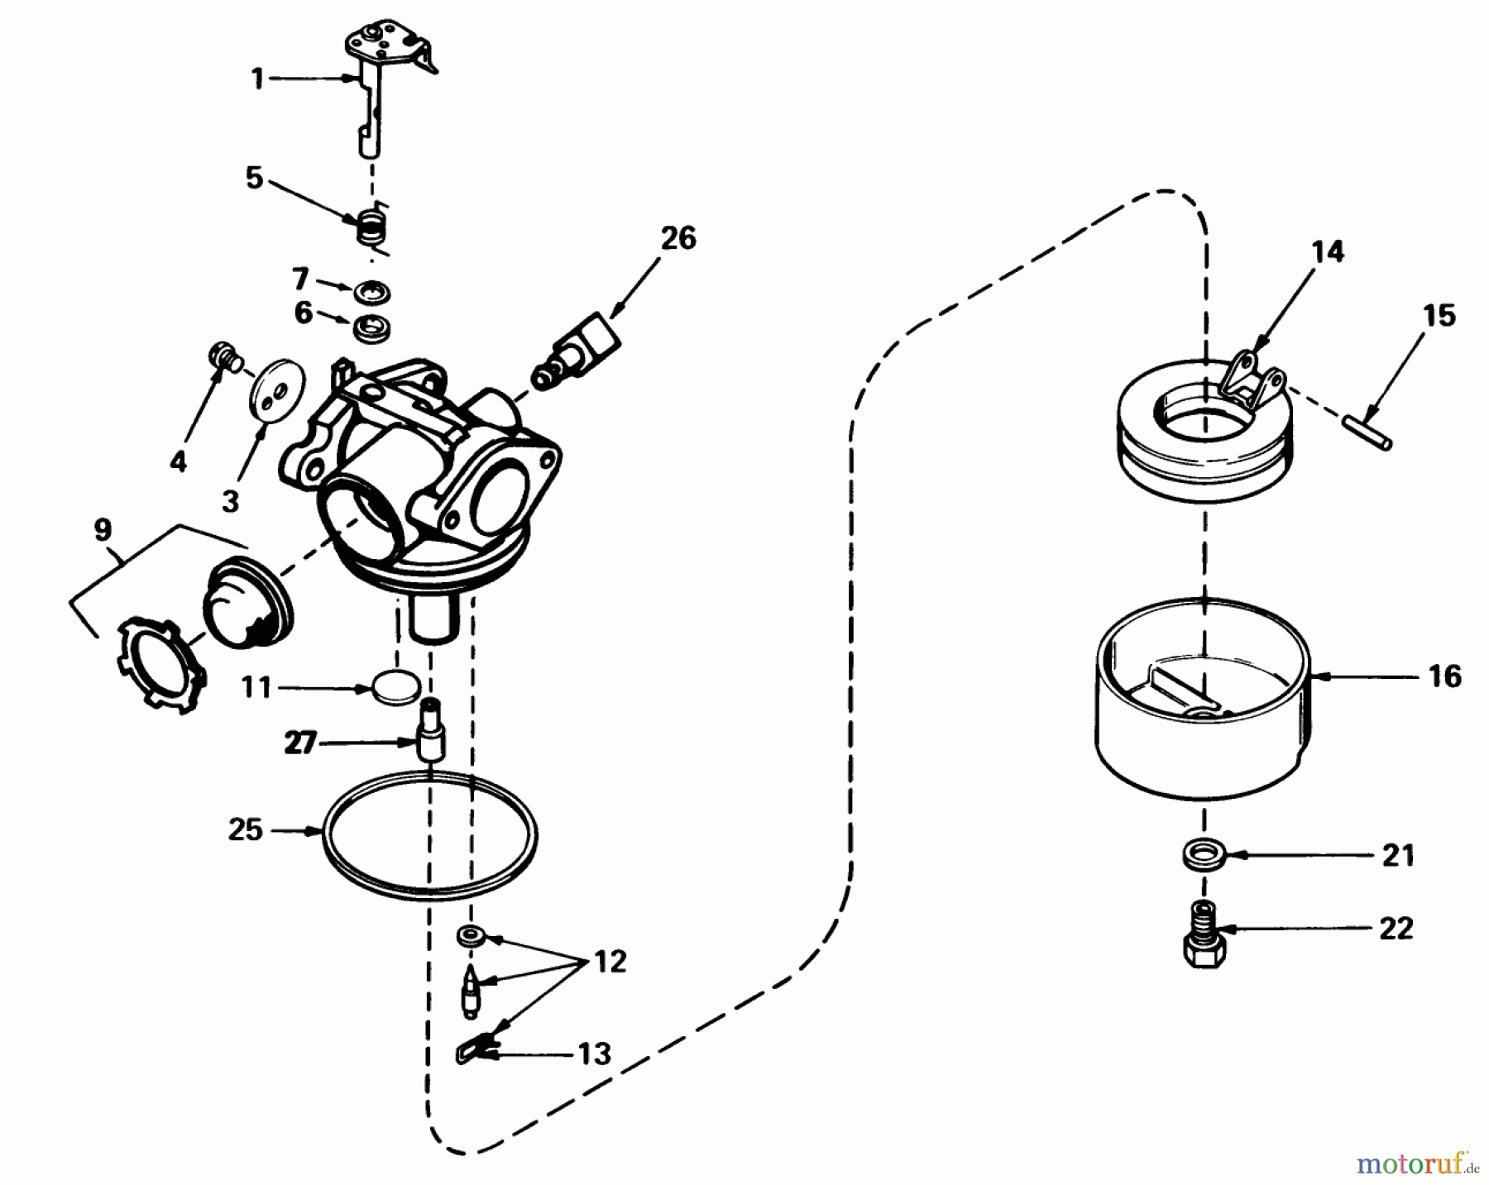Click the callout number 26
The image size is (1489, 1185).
[678, 238]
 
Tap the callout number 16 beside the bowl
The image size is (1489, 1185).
[1444, 676]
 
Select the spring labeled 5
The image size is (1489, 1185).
[372, 226]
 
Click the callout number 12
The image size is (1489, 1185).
[610, 961]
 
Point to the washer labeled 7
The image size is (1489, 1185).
[370, 292]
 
